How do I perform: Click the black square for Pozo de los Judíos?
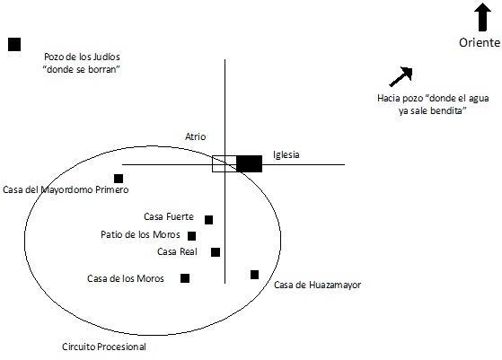pos(14,45)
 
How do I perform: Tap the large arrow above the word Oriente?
pos(482,17)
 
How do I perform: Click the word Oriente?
pos(480,42)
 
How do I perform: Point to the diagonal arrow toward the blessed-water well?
pos(401,77)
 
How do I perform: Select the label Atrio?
pos(195,136)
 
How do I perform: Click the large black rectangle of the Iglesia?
pos(250,163)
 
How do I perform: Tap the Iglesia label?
pos(286,154)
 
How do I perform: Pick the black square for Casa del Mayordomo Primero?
pos(119,179)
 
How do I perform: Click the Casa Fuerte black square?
pos(208,220)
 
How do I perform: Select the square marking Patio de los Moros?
pos(192,236)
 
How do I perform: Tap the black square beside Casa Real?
pos(216,252)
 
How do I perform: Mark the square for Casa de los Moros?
pos(185,278)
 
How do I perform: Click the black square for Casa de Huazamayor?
pos(254,275)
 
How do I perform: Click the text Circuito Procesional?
pos(104,347)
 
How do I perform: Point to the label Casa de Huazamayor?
pos(318,285)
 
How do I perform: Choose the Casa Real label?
pos(177,252)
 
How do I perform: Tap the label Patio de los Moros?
pos(140,234)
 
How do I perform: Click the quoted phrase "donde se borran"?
pos(82,69)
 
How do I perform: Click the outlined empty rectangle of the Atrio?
pos(225,163)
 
